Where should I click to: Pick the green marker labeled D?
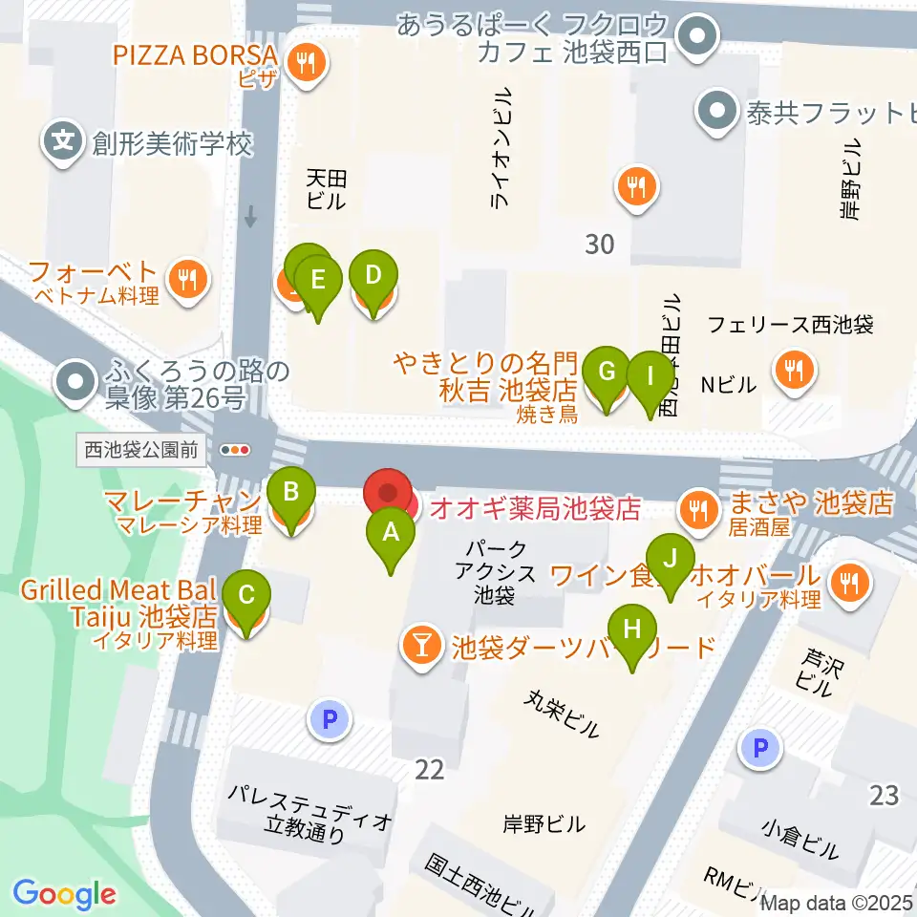pos(373,277)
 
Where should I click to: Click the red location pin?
pos(389,494)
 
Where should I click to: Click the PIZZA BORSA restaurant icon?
pos(306,64)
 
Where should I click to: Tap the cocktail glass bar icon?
pos(419,647)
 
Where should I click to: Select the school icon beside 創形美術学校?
pos(63,144)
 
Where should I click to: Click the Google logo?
pos(64,894)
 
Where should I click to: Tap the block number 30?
pos(599,245)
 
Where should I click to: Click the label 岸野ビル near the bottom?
pos(544,822)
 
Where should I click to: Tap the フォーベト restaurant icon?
pos(184,280)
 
